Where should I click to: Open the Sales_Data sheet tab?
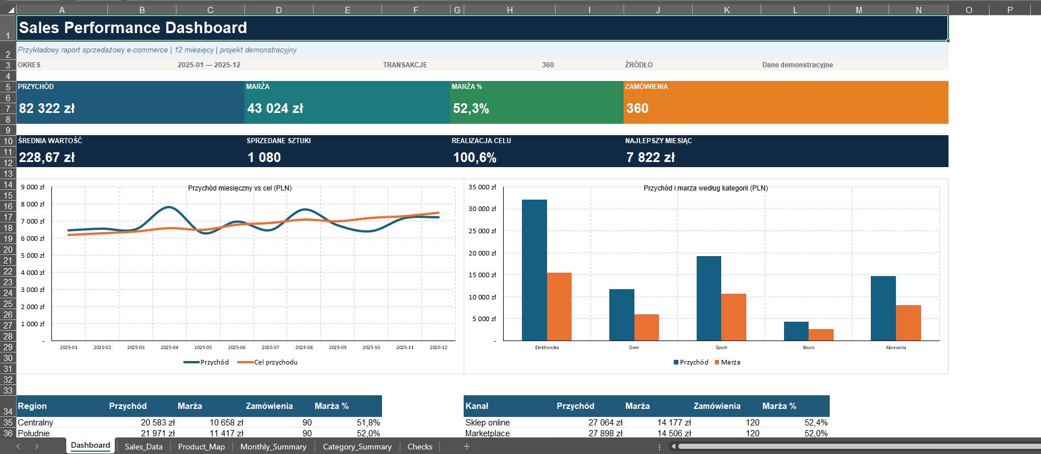pyautogui.click(x=143, y=447)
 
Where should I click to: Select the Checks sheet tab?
pyautogui.click(x=420, y=447)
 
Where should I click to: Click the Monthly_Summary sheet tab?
pyautogui.click(x=273, y=447)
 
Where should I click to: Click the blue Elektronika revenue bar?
pyautogui.click(x=534, y=270)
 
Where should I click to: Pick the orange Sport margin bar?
pyautogui.click(x=734, y=317)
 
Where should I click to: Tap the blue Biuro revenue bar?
pyautogui.click(x=796, y=331)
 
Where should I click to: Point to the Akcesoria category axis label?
pyautogui.click(x=895, y=347)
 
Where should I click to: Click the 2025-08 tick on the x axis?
pyautogui.click(x=304, y=347)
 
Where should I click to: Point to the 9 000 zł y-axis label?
pyautogui.click(x=33, y=187)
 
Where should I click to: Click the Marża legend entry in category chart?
pyautogui.click(x=728, y=362)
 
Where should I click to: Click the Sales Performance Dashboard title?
pyautogui.click(x=133, y=28)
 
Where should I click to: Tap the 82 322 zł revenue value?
pyautogui.click(x=47, y=108)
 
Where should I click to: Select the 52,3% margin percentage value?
pyautogui.click(x=471, y=109)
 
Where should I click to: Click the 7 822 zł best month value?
pyautogui.click(x=650, y=157)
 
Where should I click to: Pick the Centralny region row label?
pyautogui.click(x=35, y=423)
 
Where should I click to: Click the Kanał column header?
pyautogui.click(x=477, y=406)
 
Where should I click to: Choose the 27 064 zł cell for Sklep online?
pyautogui.click(x=605, y=423)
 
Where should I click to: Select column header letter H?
pyautogui.click(x=509, y=10)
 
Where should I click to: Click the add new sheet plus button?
pyautogui.click(x=467, y=447)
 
